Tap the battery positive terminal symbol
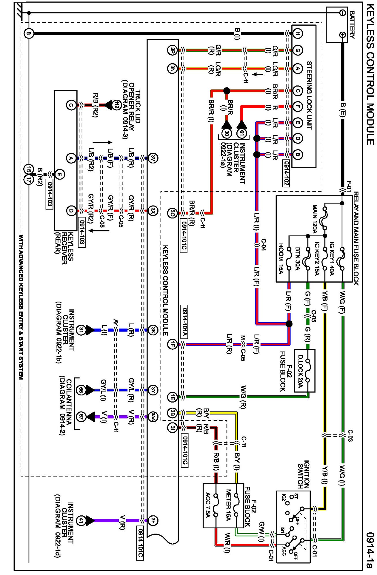(x=342, y=35)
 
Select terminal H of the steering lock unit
(x=298, y=34)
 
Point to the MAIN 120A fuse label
(x=315, y=219)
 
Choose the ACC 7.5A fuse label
(x=208, y=505)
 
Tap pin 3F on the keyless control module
(x=153, y=520)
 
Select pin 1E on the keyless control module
(x=172, y=397)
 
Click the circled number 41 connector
(x=82, y=520)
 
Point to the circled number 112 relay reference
(x=116, y=105)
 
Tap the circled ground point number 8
(x=29, y=34)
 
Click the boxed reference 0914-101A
(x=184, y=321)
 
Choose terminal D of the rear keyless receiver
(x=71, y=211)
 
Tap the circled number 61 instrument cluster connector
(x=242, y=133)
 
